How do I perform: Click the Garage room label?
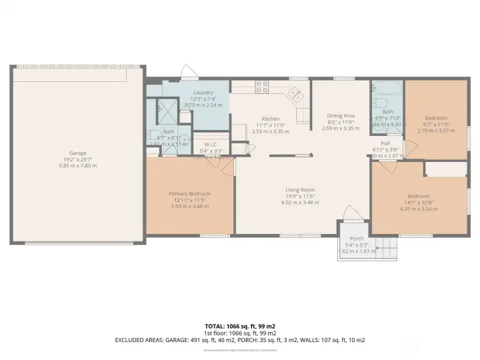(x=79, y=153)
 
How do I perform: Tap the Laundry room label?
(x=203, y=93)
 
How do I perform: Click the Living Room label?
(x=299, y=189)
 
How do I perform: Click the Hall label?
(x=385, y=143)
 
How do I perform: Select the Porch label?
(x=357, y=239)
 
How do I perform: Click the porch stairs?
(x=386, y=250)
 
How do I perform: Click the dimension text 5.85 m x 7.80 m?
(x=79, y=165)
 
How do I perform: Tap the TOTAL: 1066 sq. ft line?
(x=239, y=326)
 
